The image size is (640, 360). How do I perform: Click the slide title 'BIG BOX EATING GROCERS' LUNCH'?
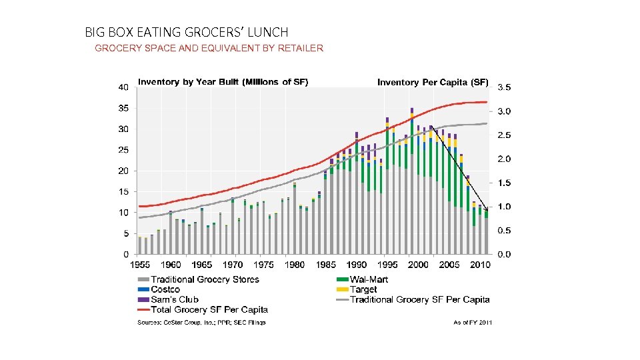pyautogui.click(x=187, y=32)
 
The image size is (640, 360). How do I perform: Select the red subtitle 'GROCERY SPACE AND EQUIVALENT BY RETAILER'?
pyautogui.click(x=209, y=48)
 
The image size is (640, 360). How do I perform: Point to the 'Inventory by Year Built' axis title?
pyautogui.click(x=223, y=82)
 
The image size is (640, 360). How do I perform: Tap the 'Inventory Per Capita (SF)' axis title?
pyautogui.click(x=433, y=83)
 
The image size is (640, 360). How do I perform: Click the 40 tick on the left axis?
pyautogui.click(x=123, y=87)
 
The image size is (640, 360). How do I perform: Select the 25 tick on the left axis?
pyautogui.click(x=123, y=150)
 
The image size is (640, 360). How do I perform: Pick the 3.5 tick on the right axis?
pyautogui.click(x=505, y=87)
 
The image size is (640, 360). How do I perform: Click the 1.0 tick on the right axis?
pyautogui.click(x=505, y=207)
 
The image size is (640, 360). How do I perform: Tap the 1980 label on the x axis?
pyautogui.click(x=295, y=265)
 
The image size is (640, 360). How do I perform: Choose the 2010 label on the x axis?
pyautogui.click(x=479, y=265)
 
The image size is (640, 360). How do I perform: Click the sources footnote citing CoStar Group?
pyautogui.click(x=201, y=323)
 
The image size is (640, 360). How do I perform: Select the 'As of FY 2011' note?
pyautogui.click(x=472, y=323)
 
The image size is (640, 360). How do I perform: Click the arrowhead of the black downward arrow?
pyautogui.click(x=487, y=210)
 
